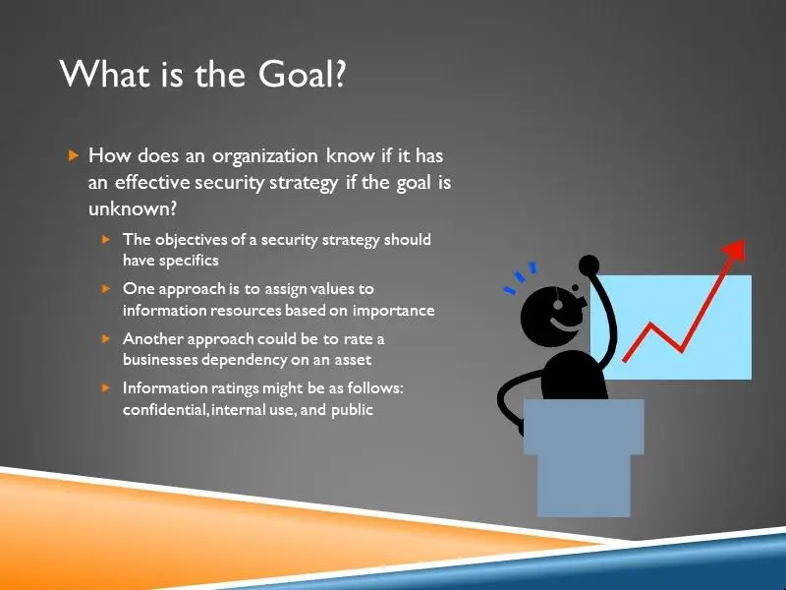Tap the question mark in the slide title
point(339,74)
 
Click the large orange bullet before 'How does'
point(74,155)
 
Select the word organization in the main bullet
point(265,156)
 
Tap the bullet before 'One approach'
point(106,289)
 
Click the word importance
point(394,311)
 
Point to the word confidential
point(163,410)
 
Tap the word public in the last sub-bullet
point(352,410)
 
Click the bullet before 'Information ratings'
point(106,387)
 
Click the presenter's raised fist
point(589,265)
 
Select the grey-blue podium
point(584,457)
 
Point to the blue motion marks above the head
point(521,277)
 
